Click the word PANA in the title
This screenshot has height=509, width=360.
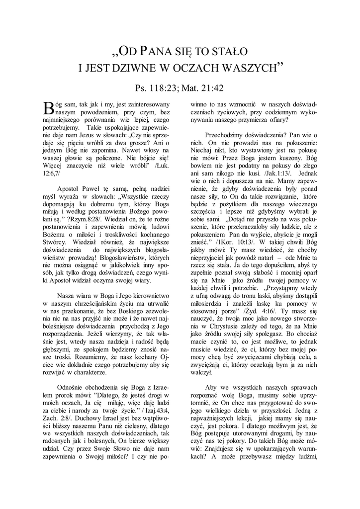157,51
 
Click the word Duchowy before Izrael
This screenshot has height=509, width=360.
80,419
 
